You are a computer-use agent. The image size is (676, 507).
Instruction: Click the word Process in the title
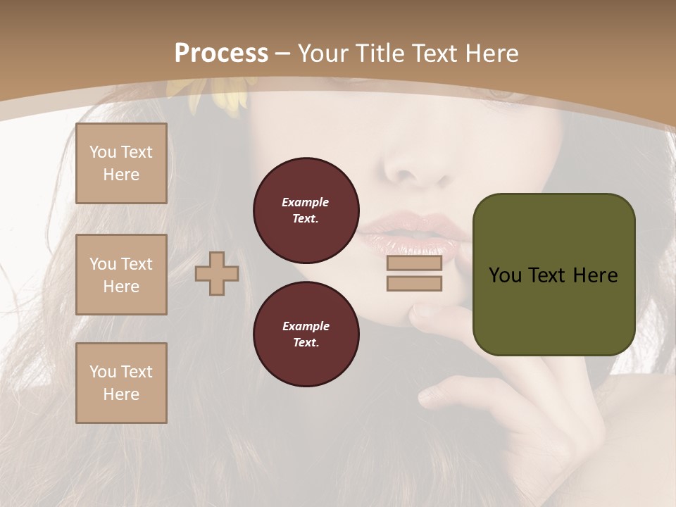click(221, 53)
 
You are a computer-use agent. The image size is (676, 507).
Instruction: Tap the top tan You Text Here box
click(121, 163)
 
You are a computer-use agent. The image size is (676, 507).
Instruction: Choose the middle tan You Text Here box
click(121, 275)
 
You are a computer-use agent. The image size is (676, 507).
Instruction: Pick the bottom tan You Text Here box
click(121, 383)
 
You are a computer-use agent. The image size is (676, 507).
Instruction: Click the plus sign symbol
click(217, 274)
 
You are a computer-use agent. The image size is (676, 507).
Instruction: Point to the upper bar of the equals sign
click(414, 263)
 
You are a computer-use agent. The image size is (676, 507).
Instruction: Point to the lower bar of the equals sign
click(414, 284)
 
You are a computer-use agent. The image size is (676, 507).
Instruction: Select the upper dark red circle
click(306, 210)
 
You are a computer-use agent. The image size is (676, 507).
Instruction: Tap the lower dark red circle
click(306, 334)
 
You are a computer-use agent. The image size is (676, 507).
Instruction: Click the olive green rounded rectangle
click(553, 275)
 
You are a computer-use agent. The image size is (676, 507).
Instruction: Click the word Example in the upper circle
click(306, 202)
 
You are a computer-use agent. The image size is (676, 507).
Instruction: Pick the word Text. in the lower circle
click(306, 342)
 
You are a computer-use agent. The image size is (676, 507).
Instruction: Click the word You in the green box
click(505, 275)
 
